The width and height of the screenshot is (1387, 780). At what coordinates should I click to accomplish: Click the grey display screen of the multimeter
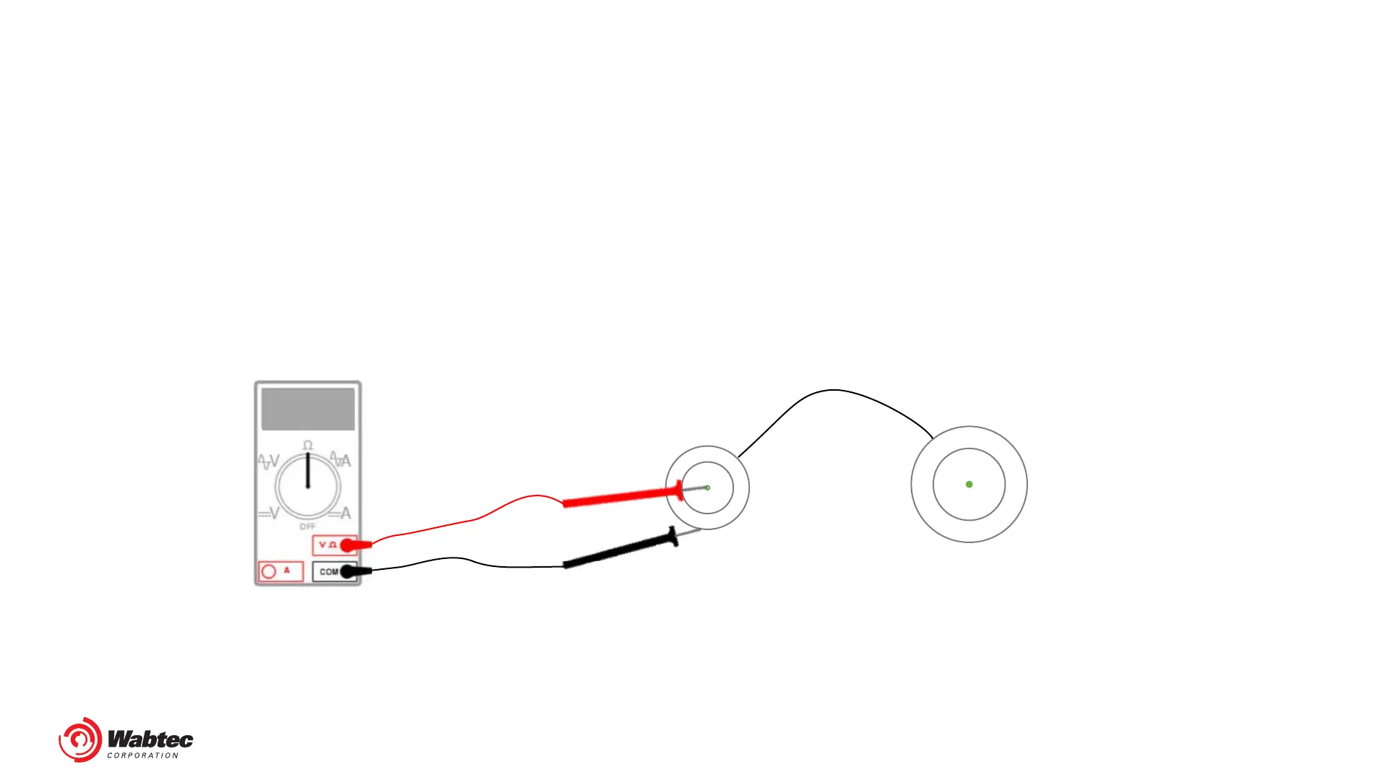(308, 409)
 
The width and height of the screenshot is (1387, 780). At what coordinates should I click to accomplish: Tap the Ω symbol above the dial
(308, 446)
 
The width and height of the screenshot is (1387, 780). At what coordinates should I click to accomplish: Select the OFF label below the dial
(308, 526)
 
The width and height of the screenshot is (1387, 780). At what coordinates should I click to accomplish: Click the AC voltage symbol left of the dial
(269, 461)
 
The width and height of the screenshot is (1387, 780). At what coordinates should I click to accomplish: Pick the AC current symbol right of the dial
(340, 460)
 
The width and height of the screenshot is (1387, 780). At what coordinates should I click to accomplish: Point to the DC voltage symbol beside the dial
(269, 513)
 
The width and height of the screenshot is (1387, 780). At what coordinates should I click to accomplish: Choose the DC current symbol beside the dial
(340, 513)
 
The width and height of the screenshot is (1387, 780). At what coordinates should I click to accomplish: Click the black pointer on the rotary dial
(308, 469)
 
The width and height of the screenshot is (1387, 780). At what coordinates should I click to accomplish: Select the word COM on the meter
(329, 571)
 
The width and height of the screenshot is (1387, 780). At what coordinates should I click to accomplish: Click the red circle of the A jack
(269, 571)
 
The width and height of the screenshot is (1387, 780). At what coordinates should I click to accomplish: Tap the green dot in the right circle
(969, 485)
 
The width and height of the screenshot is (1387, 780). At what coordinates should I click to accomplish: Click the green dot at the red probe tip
(708, 488)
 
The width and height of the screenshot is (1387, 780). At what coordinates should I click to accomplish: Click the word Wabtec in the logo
(150, 740)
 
